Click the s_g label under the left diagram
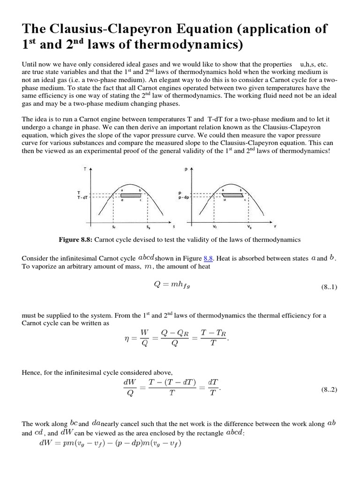(x=148, y=227)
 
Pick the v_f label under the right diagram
(x=214, y=227)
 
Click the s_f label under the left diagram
(x=114, y=227)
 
